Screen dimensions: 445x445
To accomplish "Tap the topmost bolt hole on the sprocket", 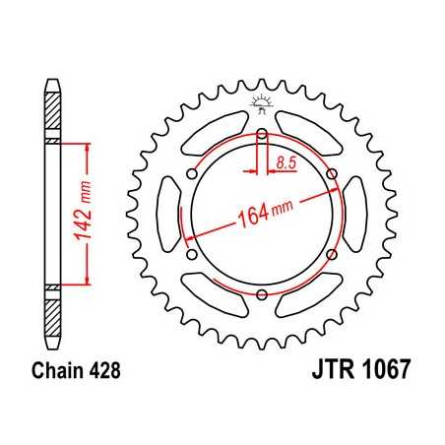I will click(x=262, y=136).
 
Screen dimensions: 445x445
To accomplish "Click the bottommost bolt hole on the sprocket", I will click(x=262, y=296).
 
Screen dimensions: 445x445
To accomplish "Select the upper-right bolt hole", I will click(x=331, y=175).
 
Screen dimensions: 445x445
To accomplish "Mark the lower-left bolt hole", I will click(x=193, y=256).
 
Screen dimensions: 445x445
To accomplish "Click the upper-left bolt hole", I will click(x=193, y=175).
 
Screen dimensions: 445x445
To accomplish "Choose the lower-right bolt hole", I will click(x=331, y=256).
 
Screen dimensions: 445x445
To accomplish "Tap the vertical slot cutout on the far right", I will click(x=357, y=216).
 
